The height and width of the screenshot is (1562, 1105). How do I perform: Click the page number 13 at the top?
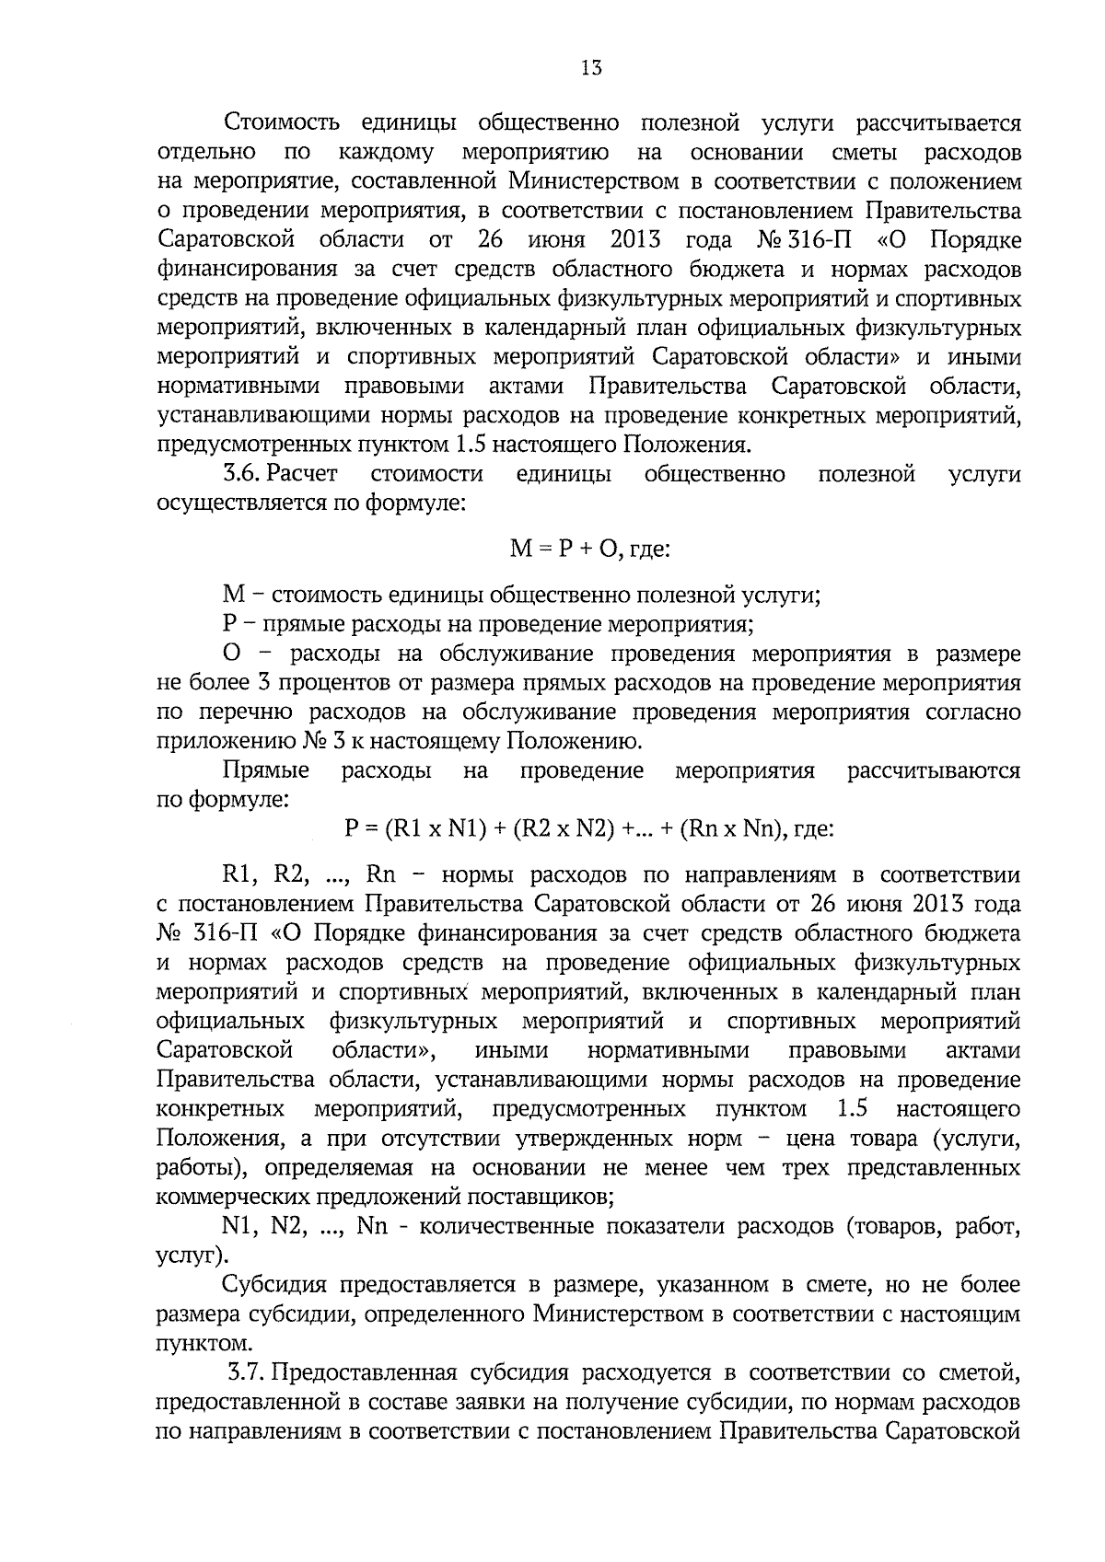tap(591, 67)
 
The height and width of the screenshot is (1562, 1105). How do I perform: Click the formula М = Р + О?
tap(558, 550)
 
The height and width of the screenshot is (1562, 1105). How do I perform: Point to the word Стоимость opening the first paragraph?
tap(283, 123)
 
